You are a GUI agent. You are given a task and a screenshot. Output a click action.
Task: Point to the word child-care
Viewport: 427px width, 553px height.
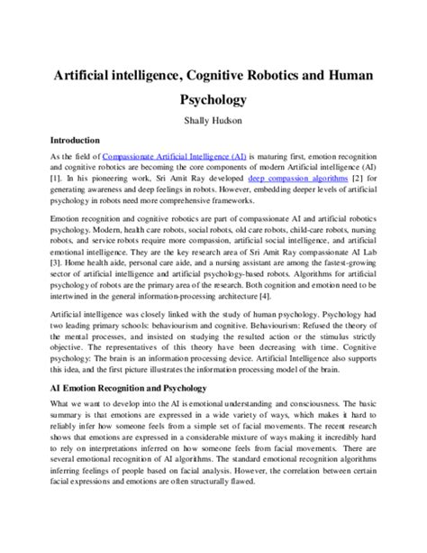click(306, 232)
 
